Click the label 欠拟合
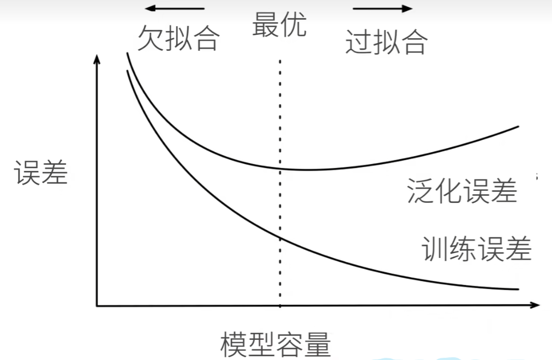[x=178, y=38]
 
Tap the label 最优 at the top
[x=279, y=25]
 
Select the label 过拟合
[x=387, y=42]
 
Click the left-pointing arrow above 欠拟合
[x=175, y=8]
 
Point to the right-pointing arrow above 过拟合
[x=383, y=8]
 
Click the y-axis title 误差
[x=41, y=172]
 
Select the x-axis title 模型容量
[x=275, y=344]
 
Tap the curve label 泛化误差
[x=462, y=191]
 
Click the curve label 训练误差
[x=476, y=248]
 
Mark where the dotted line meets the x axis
[x=280, y=306]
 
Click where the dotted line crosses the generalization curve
[x=280, y=169]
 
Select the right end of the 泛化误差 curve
[x=519, y=127]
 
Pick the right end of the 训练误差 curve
[x=519, y=289]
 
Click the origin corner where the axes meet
[x=97, y=306]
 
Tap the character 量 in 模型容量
[x=318, y=345]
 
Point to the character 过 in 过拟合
[x=358, y=42]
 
